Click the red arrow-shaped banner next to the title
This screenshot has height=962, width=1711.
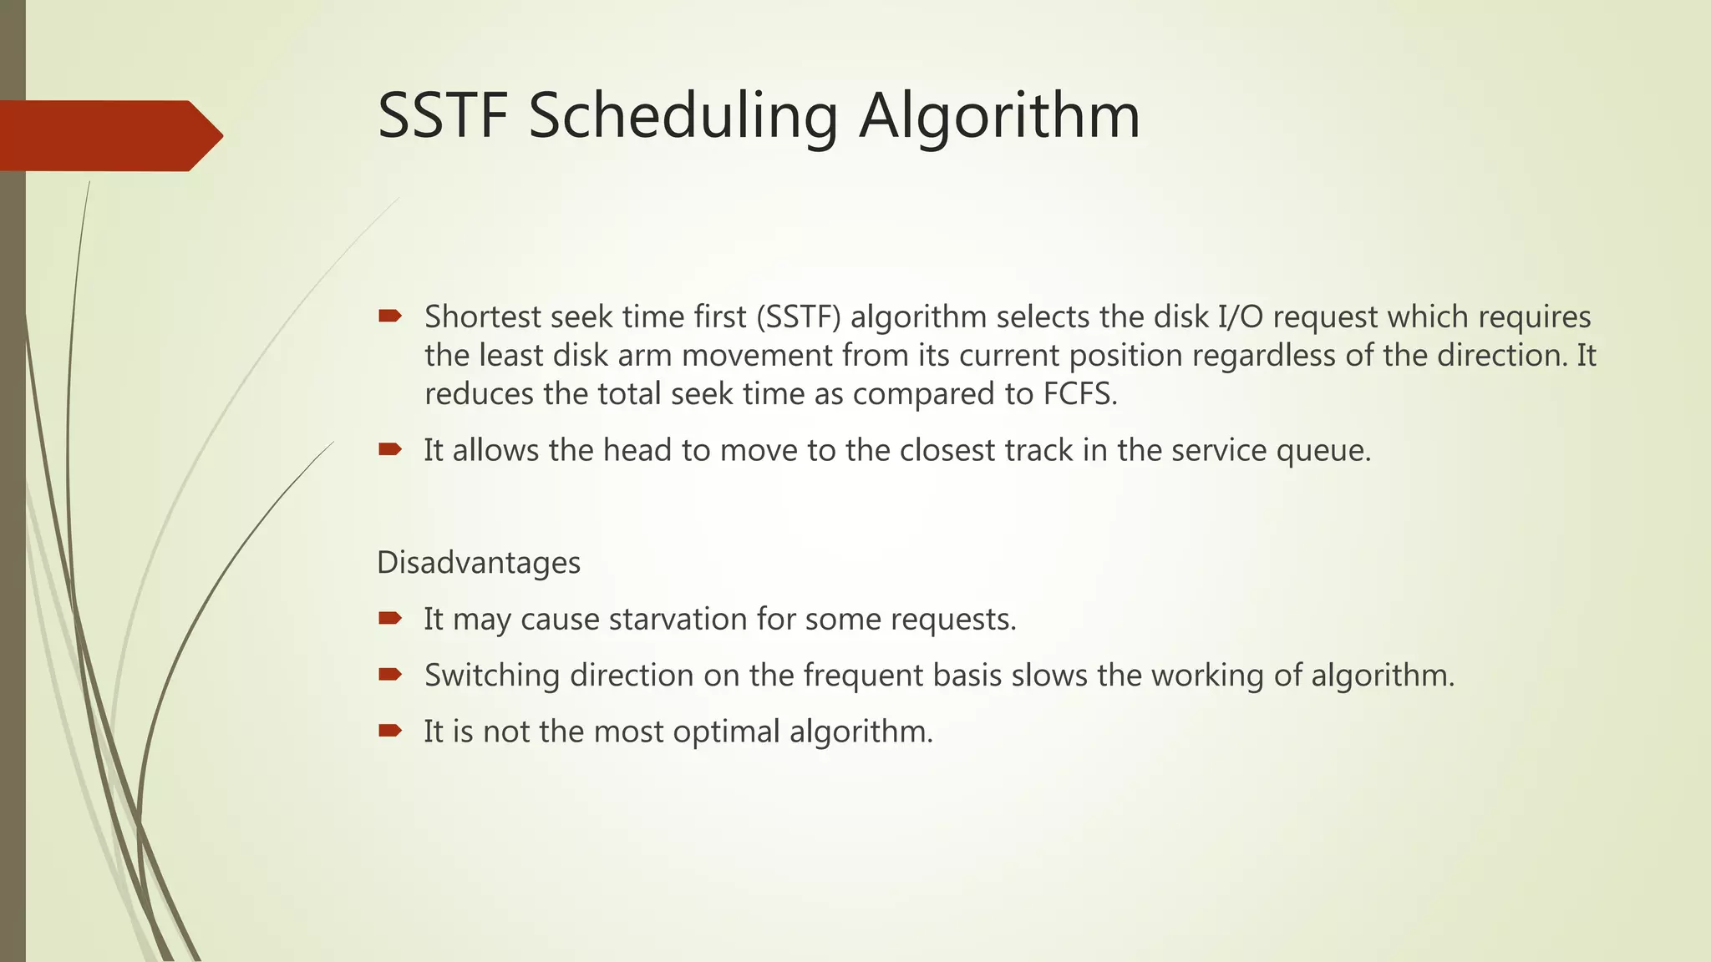tap(109, 135)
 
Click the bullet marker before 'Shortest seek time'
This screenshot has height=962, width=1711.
tap(390, 316)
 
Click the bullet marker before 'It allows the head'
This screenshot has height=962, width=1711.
tap(390, 449)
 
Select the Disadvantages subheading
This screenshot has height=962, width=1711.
tap(479, 563)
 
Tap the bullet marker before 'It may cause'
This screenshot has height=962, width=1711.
tap(390, 618)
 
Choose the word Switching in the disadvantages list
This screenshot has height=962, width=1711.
tap(492, 676)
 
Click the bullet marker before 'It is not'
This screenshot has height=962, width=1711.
tap(390, 731)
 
